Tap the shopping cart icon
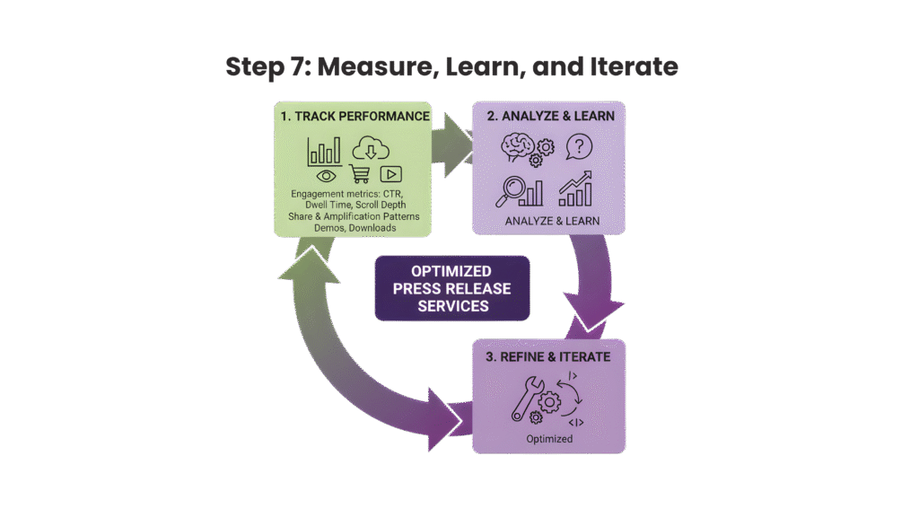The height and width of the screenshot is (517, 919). click(x=359, y=175)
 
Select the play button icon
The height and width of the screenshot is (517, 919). click(x=390, y=174)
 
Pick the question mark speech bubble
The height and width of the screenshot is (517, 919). click(x=580, y=146)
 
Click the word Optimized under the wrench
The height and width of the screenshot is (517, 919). click(x=549, y=439)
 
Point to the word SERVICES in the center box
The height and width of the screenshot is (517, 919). click(x=452, y=306)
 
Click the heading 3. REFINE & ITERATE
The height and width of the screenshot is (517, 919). click(x=549, y=356)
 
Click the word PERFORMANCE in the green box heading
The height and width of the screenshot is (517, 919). click(x=384, y=117)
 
